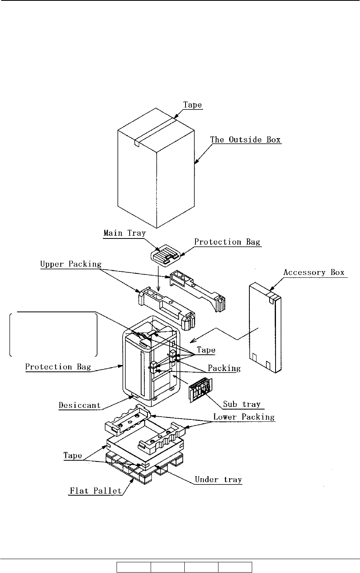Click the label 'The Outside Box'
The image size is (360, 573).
point(245,139)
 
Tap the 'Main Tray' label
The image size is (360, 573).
point(124,233)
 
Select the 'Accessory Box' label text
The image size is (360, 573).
point(314,273)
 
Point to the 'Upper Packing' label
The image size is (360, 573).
point(71,264)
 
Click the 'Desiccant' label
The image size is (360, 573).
point(80,406)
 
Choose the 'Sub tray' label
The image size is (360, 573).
point(242,404)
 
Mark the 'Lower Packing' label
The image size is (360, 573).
point(244,417)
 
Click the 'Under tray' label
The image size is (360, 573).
point(218,479)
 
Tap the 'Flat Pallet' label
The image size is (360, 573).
point(96,491)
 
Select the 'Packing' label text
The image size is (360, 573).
point(224,368)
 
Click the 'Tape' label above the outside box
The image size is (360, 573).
point(192,105)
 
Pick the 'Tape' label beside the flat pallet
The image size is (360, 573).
point(73,456)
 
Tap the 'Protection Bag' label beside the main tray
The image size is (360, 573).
point(227,242)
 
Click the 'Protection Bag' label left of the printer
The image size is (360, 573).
point(58,366)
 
